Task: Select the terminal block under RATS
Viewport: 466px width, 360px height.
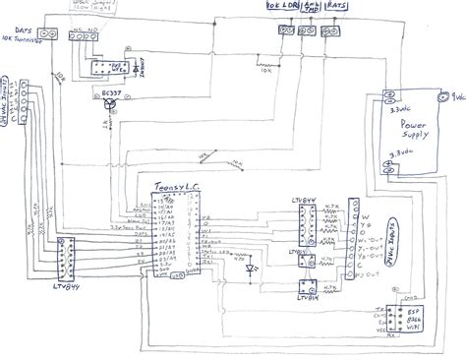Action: (335, 31)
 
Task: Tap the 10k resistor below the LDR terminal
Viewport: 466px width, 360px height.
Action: (263, 68)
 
